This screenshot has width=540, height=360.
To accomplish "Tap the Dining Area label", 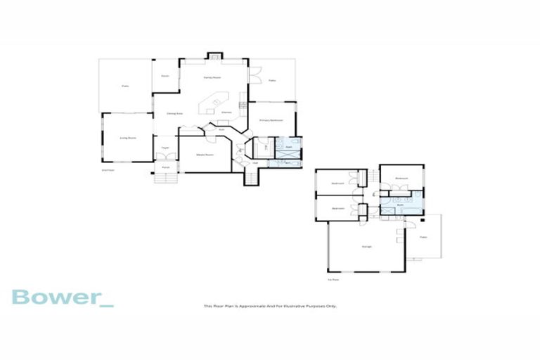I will click(x=174, y=112).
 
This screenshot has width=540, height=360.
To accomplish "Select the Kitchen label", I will click(x=226, y=112).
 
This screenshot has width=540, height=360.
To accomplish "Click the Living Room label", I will click(x=127, y=138).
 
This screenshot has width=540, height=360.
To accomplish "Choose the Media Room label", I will click(x=205, y=153).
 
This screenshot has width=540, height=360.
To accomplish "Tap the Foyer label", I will click(x=165, y=148).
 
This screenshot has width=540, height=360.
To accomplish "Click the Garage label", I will click(x=366, y=246).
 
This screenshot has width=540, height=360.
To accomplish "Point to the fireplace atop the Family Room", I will click(x=214, y=54).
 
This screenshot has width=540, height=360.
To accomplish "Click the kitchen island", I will click(x=213, y=105).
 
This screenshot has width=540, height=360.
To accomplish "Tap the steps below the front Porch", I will click(x=165, y=178).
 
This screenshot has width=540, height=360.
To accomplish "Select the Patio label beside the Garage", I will click(x=423, y=238).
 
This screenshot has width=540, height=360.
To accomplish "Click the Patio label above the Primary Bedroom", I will click(x=271, y=80).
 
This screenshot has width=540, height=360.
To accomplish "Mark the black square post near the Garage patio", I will click(x=423, y=220).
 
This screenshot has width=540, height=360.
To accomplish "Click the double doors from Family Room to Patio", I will click(x=251, y=74).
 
